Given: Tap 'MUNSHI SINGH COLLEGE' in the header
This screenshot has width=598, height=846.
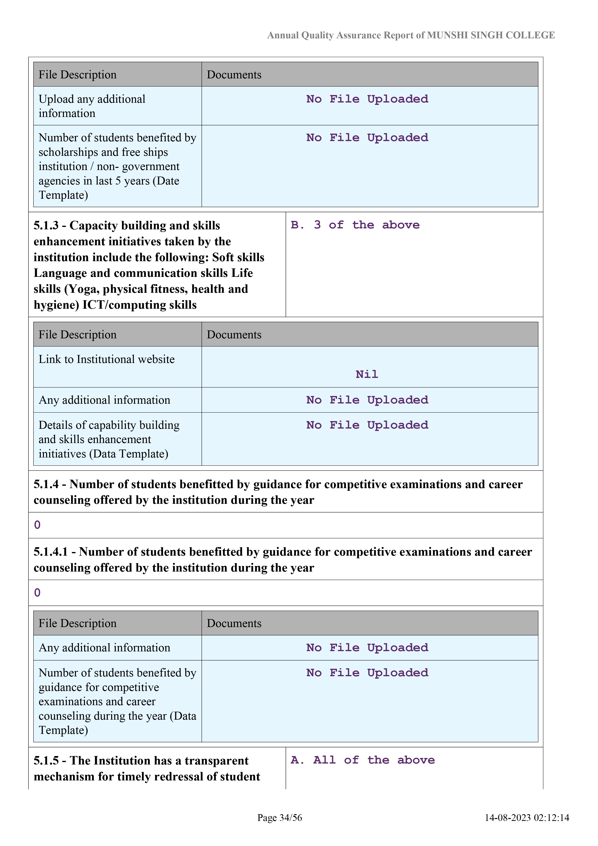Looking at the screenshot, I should [x=491, y=35].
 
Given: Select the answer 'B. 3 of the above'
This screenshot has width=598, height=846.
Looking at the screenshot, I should [x=355, y=225].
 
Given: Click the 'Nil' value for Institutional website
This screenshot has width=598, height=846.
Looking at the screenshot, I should [x=367, y=374].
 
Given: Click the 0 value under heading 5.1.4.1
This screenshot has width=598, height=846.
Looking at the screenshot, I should [x=37, y=593].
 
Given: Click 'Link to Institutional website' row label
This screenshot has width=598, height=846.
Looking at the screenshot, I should [x=107, y=359].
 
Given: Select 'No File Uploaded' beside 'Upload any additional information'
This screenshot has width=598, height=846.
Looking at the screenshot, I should [x=367, y=99].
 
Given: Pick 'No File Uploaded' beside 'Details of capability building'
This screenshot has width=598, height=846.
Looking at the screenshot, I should [x=367, y=425].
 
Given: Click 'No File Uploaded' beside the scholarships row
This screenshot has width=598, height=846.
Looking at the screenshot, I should [x=367, y=138].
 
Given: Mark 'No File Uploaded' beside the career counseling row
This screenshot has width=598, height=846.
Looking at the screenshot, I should [x=367, y=673].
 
